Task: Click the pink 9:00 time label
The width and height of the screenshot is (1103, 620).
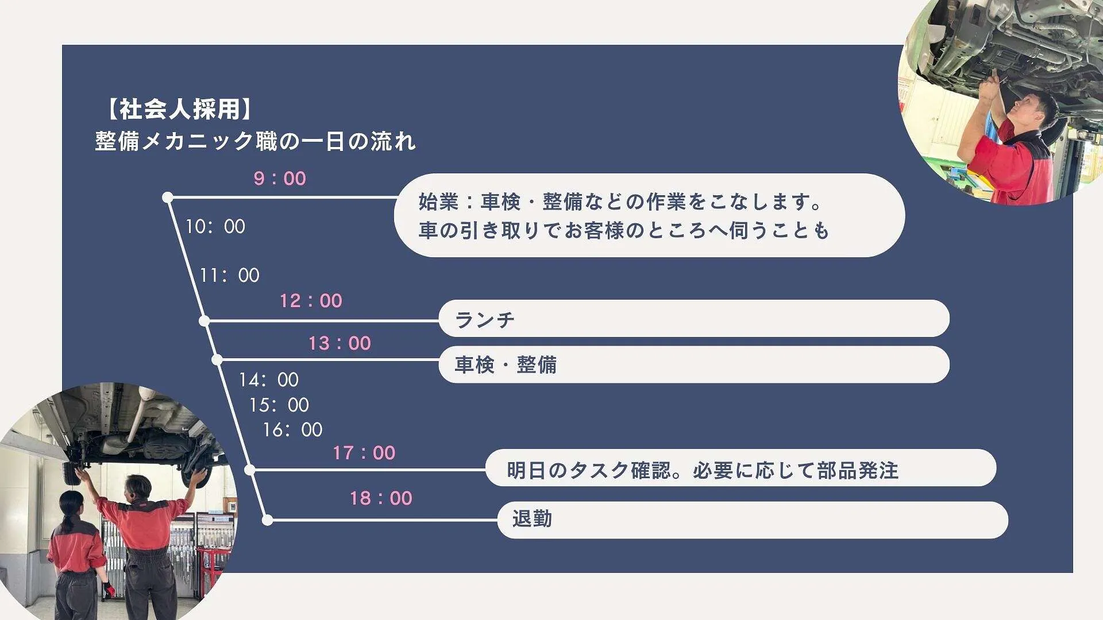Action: point(280,179)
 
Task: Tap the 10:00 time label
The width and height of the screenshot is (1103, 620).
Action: point(215,227)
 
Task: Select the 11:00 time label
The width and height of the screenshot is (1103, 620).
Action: point(230,276)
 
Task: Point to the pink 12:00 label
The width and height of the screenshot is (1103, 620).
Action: point(311,301)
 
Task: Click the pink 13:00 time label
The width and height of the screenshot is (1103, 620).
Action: point(340,343)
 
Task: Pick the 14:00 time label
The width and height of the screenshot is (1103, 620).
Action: point(269,380)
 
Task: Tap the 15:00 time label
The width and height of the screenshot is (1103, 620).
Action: point(279,405)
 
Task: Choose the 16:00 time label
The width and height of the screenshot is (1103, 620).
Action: point(292,430)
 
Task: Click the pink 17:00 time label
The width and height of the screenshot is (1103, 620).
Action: point(364,453)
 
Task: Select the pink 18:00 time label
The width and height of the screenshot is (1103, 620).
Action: point(381,498)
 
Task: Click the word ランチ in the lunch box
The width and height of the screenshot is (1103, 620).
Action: point(485,320)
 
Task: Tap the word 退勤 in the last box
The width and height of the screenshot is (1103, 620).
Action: point(533,519)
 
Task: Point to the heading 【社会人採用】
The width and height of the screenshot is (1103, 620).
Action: point(180,108)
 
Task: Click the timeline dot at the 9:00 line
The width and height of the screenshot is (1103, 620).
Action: point(168,197)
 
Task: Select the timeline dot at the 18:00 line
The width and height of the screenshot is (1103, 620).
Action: point(267,520)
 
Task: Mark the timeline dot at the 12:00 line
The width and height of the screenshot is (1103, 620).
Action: point(204,321)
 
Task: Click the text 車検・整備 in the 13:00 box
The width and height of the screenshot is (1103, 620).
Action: point(506,365)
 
